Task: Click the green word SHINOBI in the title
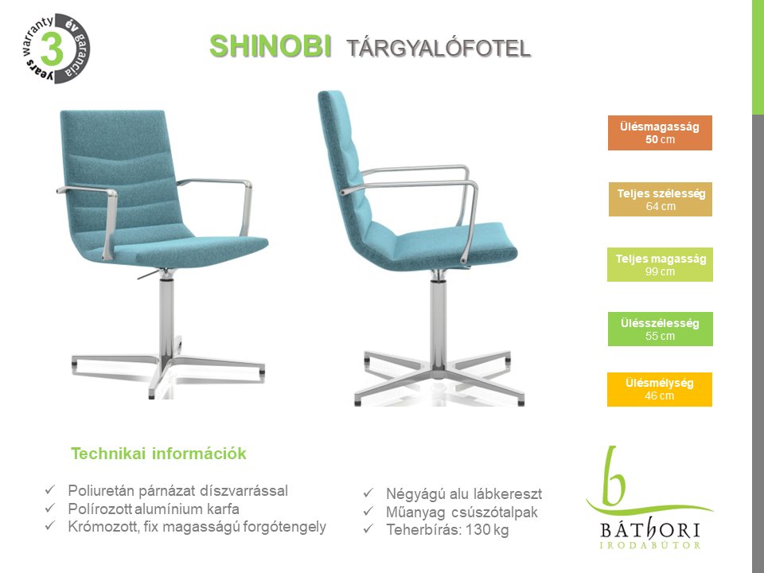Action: (x=271, y=47)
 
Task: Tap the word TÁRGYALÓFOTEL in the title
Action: (x=439, y=49)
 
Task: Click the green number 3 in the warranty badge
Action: (x=53, y=49)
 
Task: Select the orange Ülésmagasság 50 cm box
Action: (x=660, y=133)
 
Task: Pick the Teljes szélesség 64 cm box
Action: (x=661, y=199)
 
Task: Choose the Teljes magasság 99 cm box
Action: (x=660, y=264)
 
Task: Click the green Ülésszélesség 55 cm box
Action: (x=661, y=329)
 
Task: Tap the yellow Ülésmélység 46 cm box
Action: (x=659, y=389)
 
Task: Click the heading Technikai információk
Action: (x=159, y=454)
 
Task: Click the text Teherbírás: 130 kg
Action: (x=447, y=530)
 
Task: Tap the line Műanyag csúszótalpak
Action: (x=462, y=512)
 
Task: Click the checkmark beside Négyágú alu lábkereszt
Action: (x=368, y=493)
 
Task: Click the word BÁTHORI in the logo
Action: (x=650, y=530)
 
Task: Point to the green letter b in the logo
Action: (x=613, y=477)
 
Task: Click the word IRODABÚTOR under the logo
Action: (x=650, y=545)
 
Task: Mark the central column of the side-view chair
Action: (x=439, y=322)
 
